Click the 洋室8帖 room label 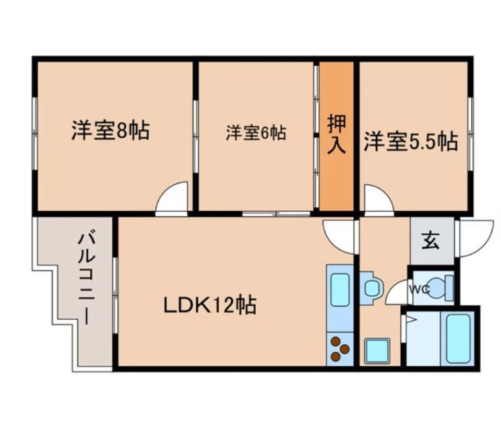(x=111, y=130)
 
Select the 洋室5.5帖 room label (x=411, y=141)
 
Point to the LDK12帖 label (x=210, y=306)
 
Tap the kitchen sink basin (x=340, y=290)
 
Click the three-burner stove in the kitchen (x=340, y=349)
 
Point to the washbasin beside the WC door (x=371, y=288)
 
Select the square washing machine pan (x=377, y=351)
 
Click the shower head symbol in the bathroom (x=410, y=319)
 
